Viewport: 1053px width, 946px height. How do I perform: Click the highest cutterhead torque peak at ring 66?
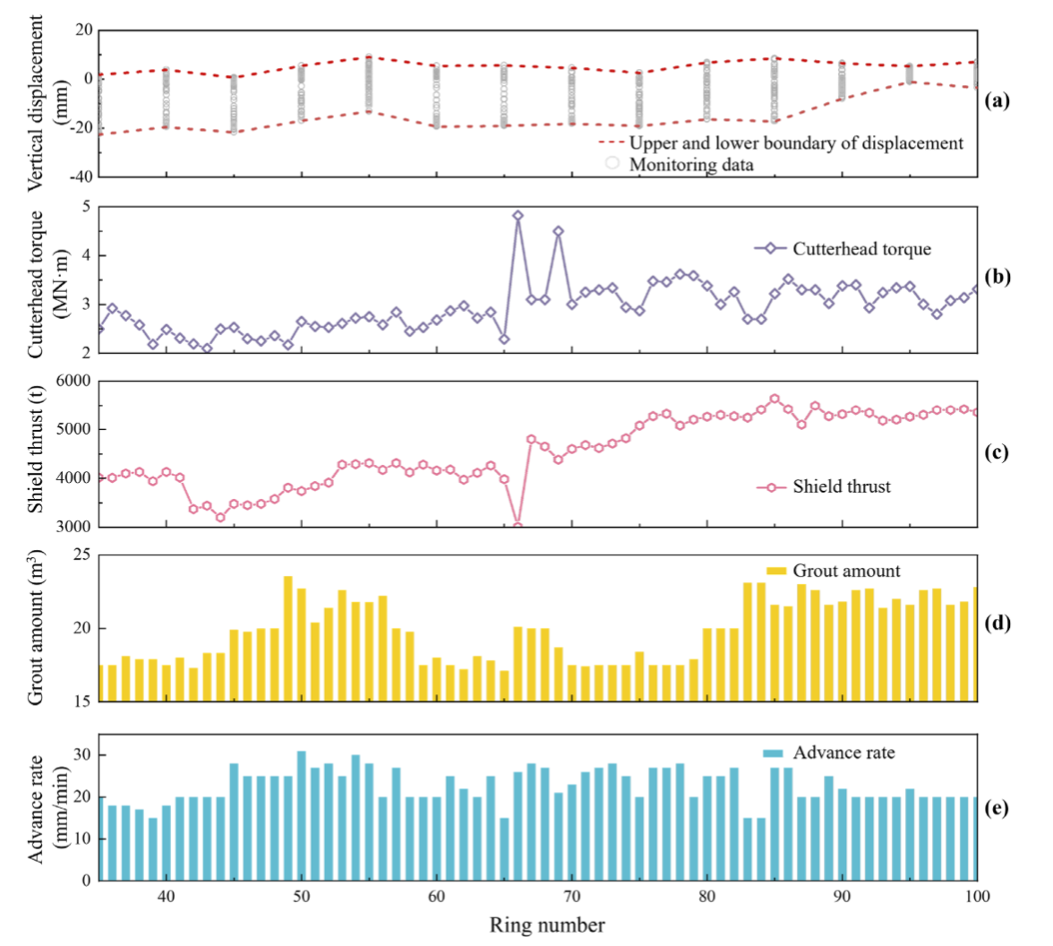tap(518, 216)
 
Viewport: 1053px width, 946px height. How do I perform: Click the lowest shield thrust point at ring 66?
tap(518, 526)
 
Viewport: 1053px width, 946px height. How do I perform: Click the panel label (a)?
tap(997, 100)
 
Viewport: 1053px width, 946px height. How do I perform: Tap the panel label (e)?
tap(997, 808)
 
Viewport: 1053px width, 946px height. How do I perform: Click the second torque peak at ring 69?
tap(558, 231)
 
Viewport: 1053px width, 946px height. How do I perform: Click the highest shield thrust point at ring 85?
tap(775, 399)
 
